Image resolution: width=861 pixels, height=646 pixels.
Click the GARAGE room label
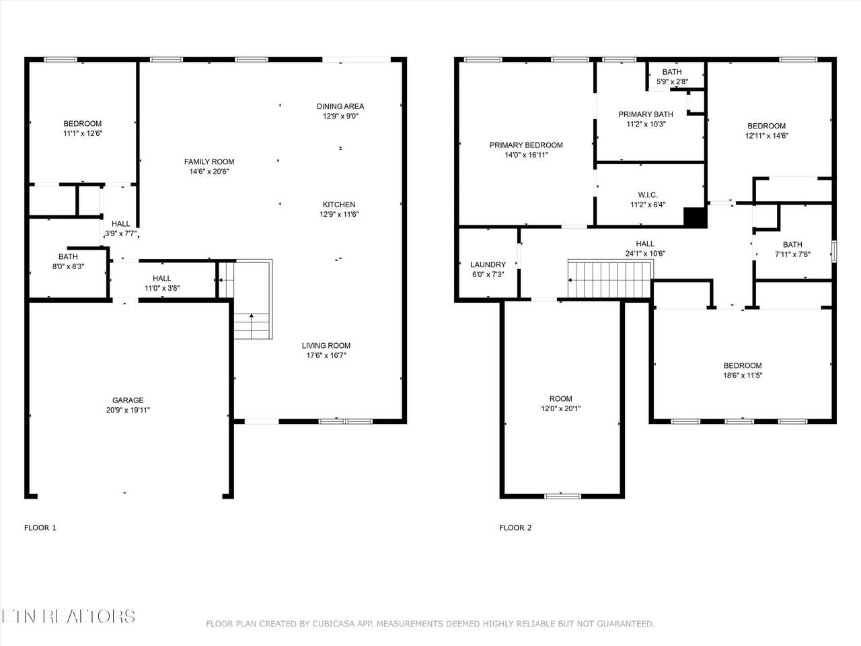coord(128,400)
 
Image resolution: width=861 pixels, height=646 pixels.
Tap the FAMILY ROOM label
coord(209,161)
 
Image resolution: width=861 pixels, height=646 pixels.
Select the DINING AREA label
coord(340,106)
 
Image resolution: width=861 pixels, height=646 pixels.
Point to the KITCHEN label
coord(339,205)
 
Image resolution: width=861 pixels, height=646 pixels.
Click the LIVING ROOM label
coord(326,346)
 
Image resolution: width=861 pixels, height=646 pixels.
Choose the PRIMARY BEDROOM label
coord(526,145)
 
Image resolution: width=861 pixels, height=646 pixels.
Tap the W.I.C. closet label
coord(648,195)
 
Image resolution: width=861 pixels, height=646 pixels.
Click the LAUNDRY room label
coord(488,264)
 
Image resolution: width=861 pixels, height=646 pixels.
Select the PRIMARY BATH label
coord(646,114)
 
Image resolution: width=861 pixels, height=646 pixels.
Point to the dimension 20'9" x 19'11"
coord(128,410)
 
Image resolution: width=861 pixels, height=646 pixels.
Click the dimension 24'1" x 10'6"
coord(645,254)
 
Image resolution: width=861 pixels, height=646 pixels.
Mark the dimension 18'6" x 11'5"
coord(743,375)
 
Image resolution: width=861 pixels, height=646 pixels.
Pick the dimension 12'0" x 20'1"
coord(560,408)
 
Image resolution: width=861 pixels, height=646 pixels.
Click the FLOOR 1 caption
coord(40,528)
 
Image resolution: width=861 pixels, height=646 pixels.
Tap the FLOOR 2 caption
coord(515,528)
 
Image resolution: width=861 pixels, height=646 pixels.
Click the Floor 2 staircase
coord(610,280)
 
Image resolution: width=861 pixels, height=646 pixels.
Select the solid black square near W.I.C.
coord(695,217)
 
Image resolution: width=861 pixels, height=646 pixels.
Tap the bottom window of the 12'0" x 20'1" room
coord(562,496)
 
